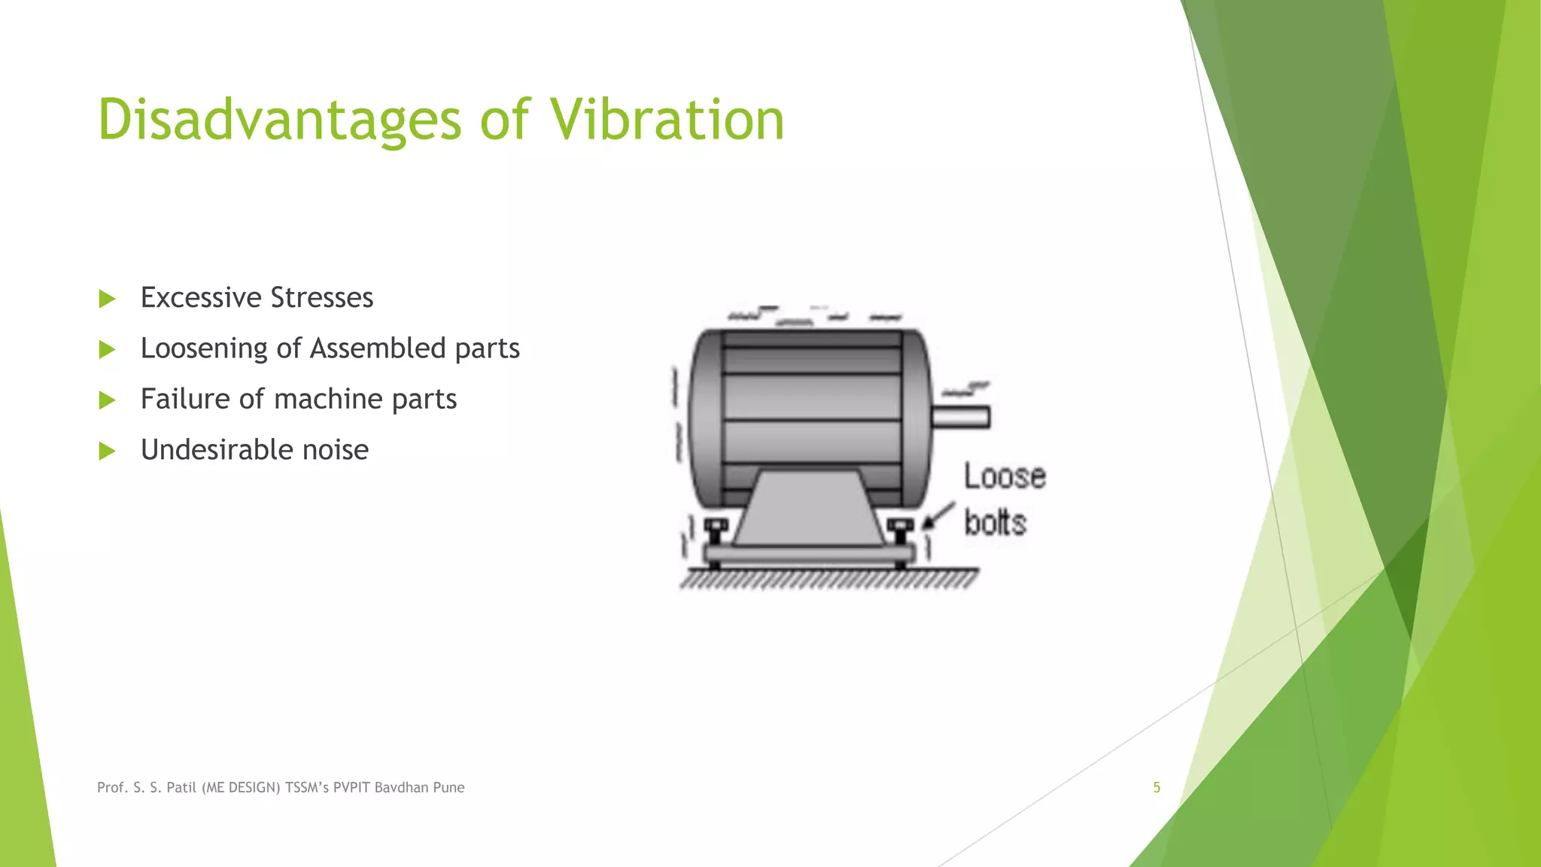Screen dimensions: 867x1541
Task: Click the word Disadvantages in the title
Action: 279,120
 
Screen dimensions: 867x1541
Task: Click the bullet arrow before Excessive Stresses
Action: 107,299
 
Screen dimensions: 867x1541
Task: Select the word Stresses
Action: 321,298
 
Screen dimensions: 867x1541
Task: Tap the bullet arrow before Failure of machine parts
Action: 107,400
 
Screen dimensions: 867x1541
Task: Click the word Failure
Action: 185,399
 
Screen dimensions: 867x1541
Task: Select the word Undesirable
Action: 217,450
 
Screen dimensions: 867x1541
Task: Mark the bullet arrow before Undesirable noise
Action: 107,451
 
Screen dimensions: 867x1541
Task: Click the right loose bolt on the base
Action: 900,530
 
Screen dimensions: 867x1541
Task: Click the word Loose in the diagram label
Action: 1005,476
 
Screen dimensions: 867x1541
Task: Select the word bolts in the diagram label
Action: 995,522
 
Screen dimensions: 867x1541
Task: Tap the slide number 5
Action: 1157,787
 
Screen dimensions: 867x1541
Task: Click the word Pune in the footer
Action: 448,787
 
